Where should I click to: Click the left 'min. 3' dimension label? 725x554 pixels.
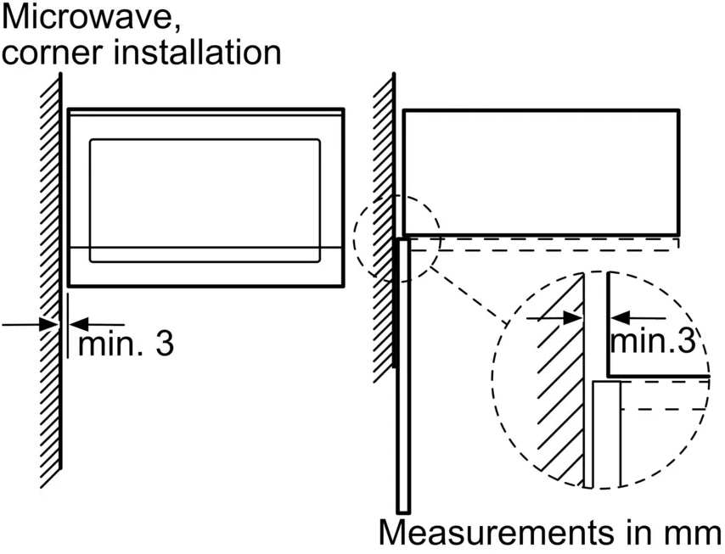pyautogui.click(x=125, y=344)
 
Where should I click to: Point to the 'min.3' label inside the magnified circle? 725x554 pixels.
pyautogui.click(x=653, y=341)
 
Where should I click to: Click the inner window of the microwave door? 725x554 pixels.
pyautogui.click(x=205, y=192)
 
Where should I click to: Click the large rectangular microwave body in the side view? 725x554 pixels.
pyautogui.click(x=540, y=171)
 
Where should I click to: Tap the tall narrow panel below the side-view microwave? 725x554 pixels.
pyautogui.click(x=403, y=373)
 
